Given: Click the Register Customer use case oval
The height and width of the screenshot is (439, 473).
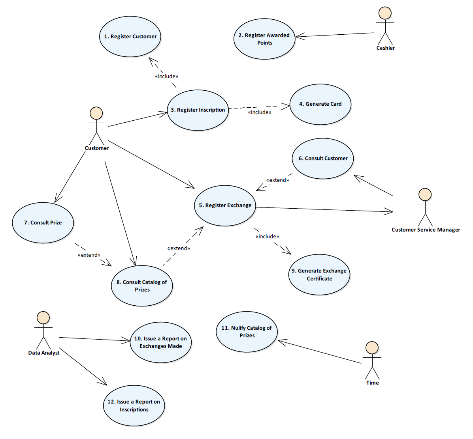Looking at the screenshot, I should click(130, 37).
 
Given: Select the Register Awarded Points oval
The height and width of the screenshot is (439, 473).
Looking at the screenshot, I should click(264, 39).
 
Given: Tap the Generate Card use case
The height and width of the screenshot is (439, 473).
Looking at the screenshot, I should click(320, 104).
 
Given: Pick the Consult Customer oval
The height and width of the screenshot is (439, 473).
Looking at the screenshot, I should click(323, 159).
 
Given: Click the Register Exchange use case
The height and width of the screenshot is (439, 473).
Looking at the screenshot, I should click(225, 205).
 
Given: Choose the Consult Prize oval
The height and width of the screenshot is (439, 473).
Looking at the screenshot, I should click(43, 223).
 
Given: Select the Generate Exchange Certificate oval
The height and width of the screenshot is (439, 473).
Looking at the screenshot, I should click(319, 275).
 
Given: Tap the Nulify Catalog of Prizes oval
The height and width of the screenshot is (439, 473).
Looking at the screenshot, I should click(247, 332).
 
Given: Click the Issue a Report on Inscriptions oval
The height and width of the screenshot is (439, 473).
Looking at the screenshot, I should click(134, 406).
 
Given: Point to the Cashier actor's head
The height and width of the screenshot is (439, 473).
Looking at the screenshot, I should click(385, 13).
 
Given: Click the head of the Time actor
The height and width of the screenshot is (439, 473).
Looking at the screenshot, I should click(372, 348).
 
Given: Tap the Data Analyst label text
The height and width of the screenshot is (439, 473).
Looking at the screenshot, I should click(44, 353).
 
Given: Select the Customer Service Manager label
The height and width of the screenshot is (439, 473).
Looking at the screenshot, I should click(426, 230).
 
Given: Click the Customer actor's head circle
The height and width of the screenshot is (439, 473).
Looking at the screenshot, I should click(96, 114).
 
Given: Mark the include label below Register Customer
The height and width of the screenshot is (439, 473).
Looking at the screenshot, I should click(166, 77).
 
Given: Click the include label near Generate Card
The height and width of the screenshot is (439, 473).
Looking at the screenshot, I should click(260, 112).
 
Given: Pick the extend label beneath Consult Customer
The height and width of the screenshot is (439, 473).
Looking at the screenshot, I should click(277, 180).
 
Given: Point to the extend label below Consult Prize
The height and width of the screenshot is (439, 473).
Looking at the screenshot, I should click(89, 255).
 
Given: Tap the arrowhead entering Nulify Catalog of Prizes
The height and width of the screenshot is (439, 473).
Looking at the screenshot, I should click(281, 342).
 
